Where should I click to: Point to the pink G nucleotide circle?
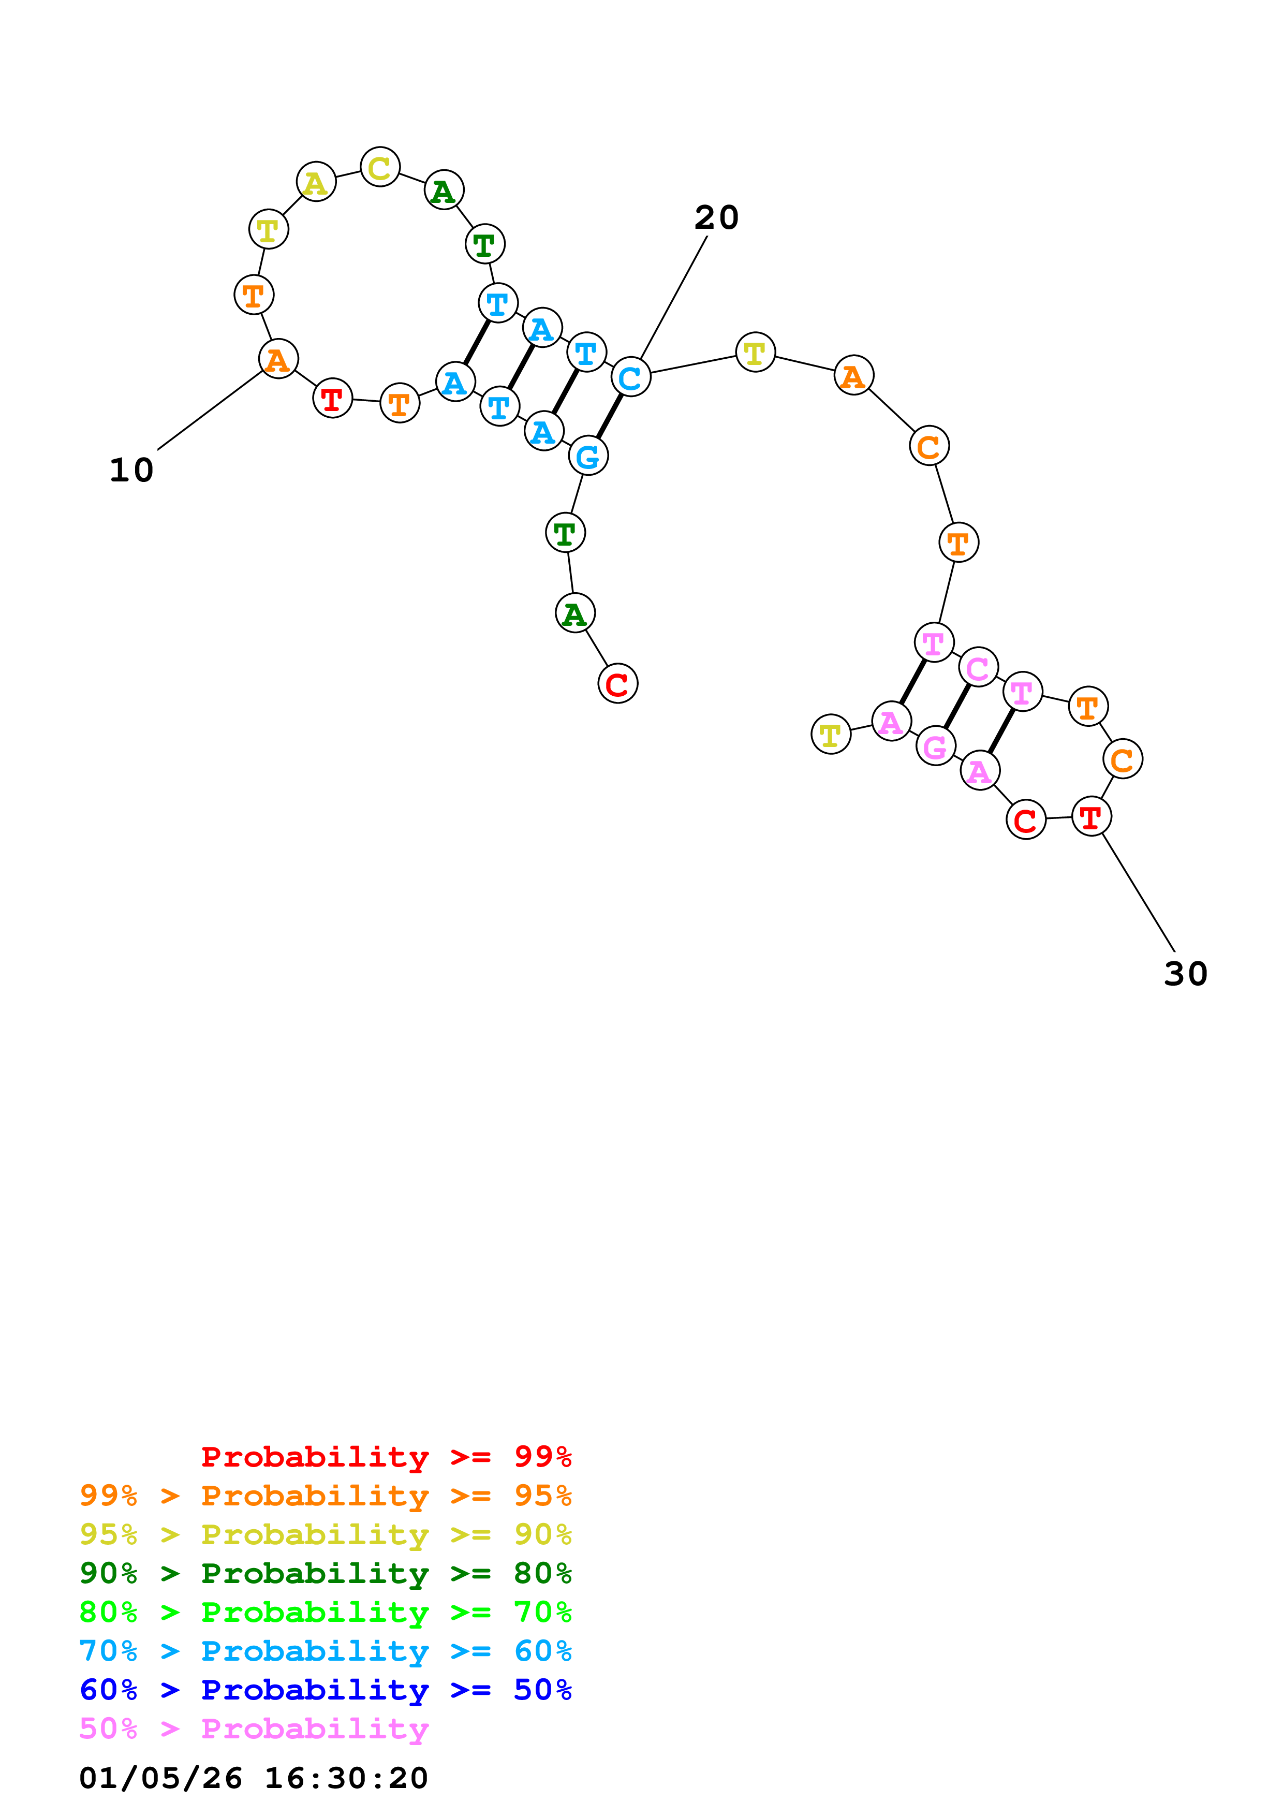tap(935, 746)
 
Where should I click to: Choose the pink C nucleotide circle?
tap(978, 668)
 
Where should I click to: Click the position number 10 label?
tap(131, 470)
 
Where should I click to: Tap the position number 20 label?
tap(716, 217)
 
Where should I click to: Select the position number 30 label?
tap(1185, 974)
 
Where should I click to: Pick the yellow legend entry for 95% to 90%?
tap(325, 1534)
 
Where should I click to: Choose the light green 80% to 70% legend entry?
tap(325, 1612)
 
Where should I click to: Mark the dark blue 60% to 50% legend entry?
tap(325, 1690)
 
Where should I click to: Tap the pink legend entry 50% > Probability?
tap(254, 1729)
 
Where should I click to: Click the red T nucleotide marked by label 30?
tap(1091, 816)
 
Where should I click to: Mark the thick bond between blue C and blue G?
tap(610, 416)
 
